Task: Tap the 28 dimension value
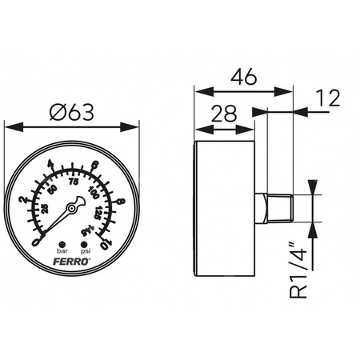(226, 113)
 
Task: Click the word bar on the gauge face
(61, 250)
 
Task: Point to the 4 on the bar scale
(51, 166)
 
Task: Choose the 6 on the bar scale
(95, 166)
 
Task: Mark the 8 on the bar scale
(120, 202)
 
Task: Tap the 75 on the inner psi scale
(74, 182)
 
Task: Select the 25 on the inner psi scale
(44, 210)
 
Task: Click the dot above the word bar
(61, 242)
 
